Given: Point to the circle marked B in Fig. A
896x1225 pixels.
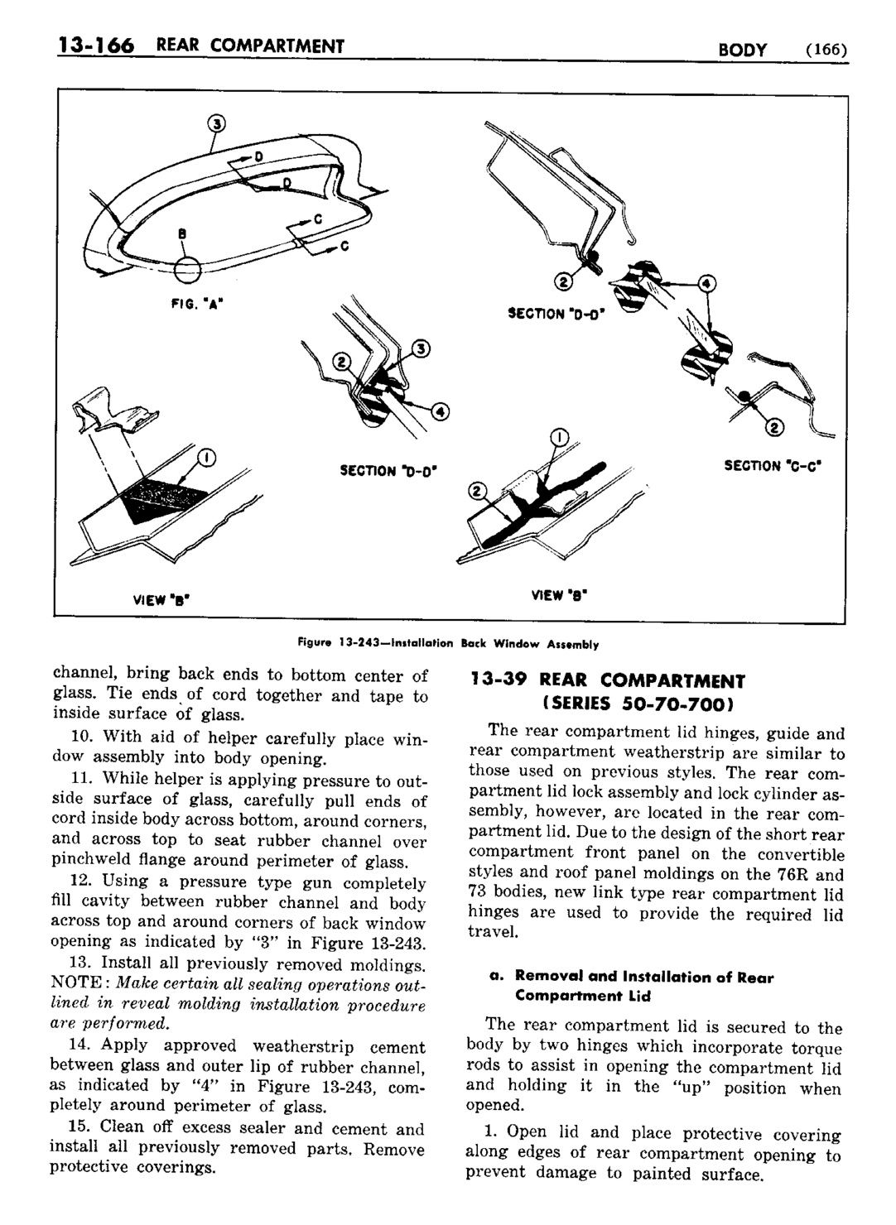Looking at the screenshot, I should (188, 269).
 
